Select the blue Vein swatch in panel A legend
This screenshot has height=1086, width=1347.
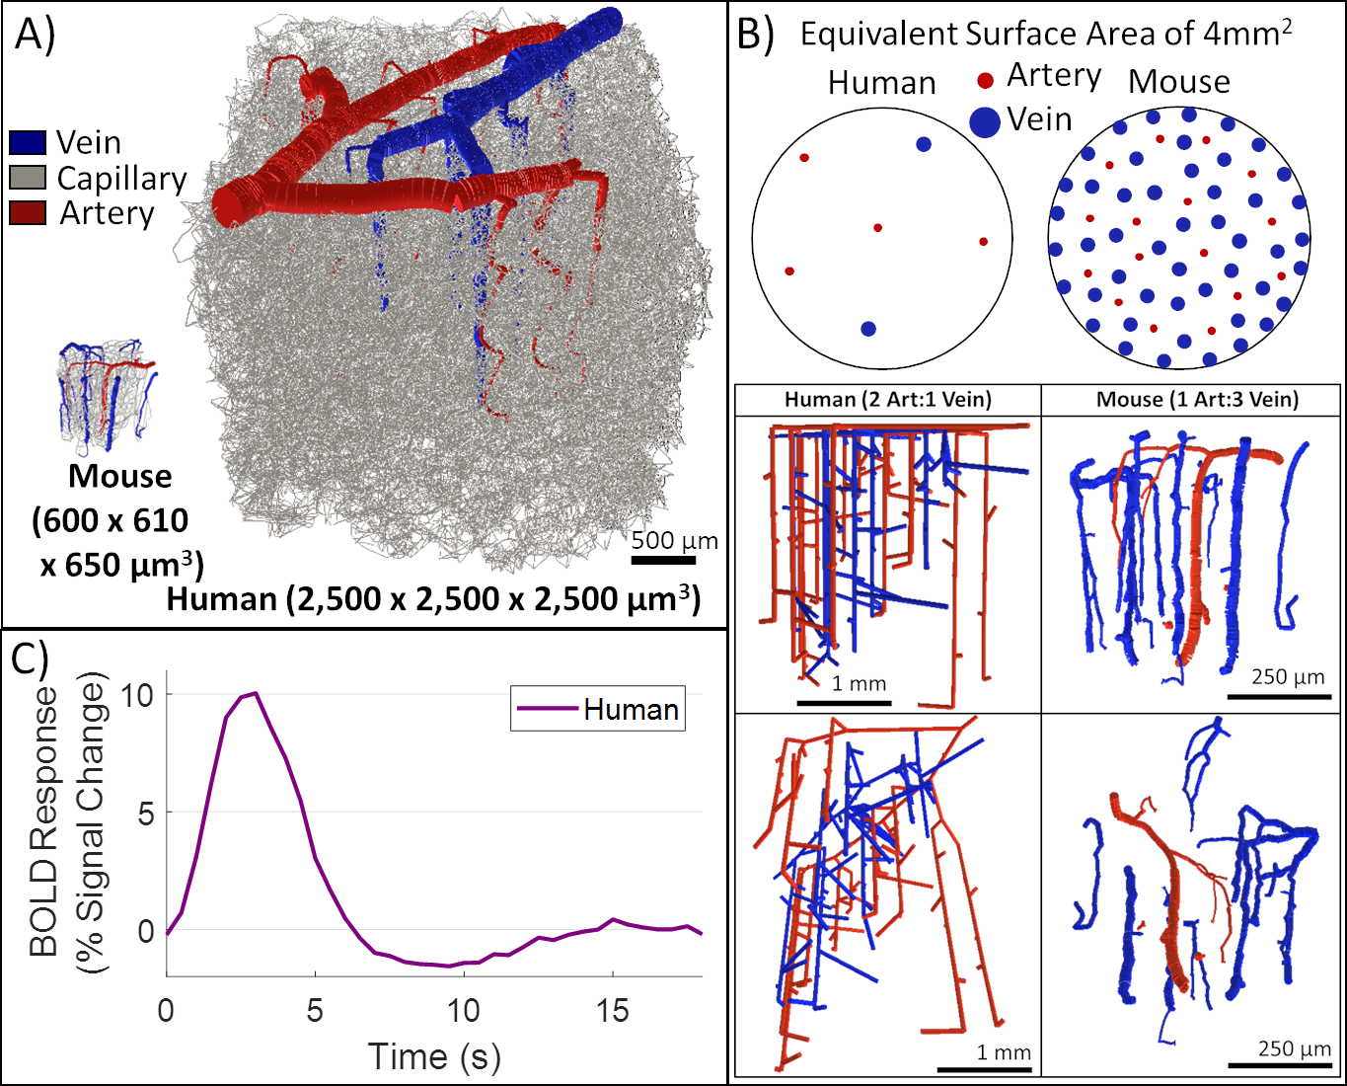click(x=28, y=142)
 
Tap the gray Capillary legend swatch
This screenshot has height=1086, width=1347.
click(x=28, y=178)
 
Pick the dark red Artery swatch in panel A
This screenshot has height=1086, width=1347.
click(x=28, y=213)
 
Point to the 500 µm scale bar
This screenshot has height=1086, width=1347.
click(x=663, y=560)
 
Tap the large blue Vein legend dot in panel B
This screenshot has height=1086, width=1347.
click(x=986, y=120)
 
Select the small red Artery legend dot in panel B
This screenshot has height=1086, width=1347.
click(x=985, y=80)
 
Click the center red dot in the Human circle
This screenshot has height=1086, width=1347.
click(x=877, y=228)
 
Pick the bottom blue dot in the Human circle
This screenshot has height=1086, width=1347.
click(x=868, y=329)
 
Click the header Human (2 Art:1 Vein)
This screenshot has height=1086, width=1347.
click(x=887, y=400)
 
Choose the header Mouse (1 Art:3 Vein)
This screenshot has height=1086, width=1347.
click(x=1197, y=400)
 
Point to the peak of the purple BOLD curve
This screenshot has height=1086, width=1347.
click(x=256, y=693)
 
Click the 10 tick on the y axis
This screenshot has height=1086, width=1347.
click(x=137, y=695)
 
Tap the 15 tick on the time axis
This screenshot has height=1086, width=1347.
click(x=612, y=1011)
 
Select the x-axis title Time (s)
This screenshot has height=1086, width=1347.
click(x=434, y=1056)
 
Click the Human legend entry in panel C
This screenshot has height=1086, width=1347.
click(x=598, y=709)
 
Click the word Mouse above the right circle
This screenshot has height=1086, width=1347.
click(x=1179, y=81)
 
